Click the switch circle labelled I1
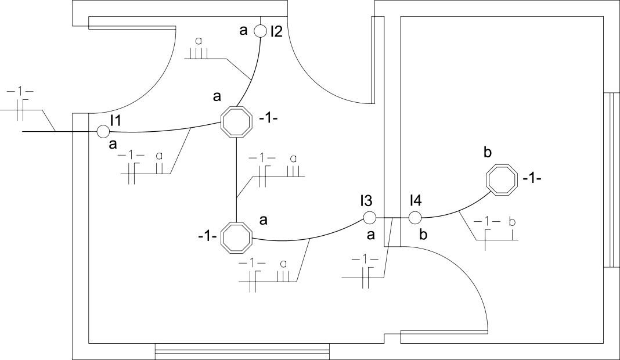(x=103, y=131)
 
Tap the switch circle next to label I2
(x=260, y=31)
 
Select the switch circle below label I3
(x=369, y=217)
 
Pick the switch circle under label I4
(x=414, y=217)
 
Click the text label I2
(x=277, y=31)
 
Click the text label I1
(x=116, y=120)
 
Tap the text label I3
(x=366, y=201)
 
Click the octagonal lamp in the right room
(x=502, y=180)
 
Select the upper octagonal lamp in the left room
(x=236, y=122)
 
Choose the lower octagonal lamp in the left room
(x=236, y=237)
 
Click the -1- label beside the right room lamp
(x=532, y=179)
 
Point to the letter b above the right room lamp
(x=488, y=152)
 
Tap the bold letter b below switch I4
(x=423, y=235)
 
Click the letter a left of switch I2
(x=244, y=30)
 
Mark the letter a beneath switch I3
(x=370, y=235)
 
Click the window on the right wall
(x=612, y=180)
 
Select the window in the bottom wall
(x=242, y=351)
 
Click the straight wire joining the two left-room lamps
(x=236, y=179)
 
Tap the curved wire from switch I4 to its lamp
(x=459, y=212)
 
